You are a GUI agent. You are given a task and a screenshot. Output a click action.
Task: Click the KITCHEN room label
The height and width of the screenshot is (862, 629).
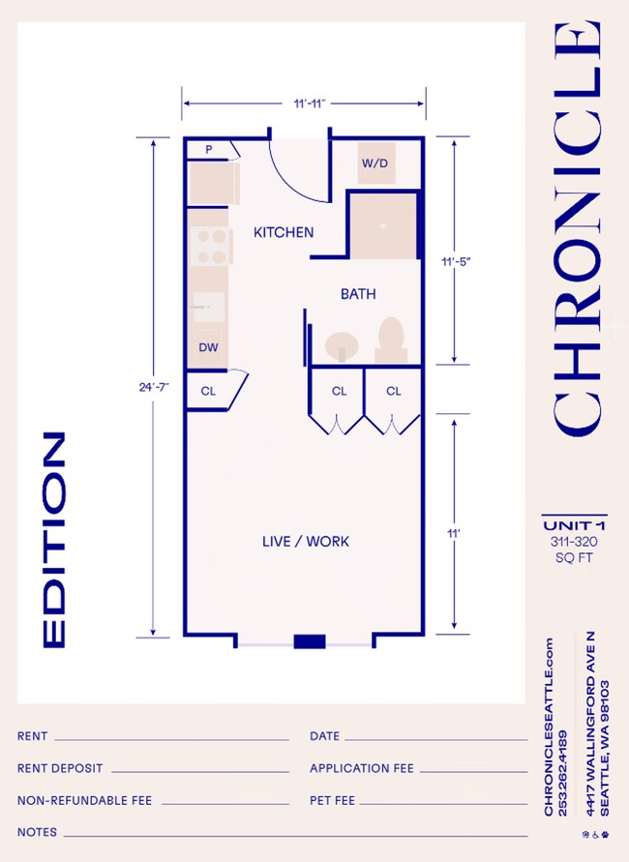(284, 232)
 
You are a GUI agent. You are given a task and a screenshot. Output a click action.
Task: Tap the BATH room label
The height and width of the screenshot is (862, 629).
(357, 293)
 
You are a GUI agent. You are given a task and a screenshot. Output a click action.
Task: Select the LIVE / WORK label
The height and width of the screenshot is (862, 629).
(306, 541)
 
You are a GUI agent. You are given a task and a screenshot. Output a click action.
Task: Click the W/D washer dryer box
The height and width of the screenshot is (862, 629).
(374, 163)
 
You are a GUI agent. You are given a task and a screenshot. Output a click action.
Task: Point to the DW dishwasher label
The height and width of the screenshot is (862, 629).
(208, 346)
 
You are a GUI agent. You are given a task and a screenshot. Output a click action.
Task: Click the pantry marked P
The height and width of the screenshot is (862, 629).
(209, 149)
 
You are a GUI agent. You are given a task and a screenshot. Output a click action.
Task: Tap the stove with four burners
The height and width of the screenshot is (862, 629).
(209, 245)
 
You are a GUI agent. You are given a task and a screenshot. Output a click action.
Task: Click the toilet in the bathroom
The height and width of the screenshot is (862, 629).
(390, 342)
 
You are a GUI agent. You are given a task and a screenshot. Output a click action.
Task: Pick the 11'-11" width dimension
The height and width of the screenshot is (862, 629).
(304, 102)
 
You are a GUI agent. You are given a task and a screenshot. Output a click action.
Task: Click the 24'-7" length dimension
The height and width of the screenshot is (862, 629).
(154, 387)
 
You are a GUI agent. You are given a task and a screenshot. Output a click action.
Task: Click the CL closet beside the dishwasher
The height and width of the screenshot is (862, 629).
(208, 392)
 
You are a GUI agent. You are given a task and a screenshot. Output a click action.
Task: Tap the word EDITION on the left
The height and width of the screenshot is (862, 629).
(54, 540)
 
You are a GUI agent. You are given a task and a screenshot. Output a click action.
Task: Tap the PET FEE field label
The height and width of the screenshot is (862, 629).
(332, 800)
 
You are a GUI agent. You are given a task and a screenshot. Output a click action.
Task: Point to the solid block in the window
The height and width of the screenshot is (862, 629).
(310, 640)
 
